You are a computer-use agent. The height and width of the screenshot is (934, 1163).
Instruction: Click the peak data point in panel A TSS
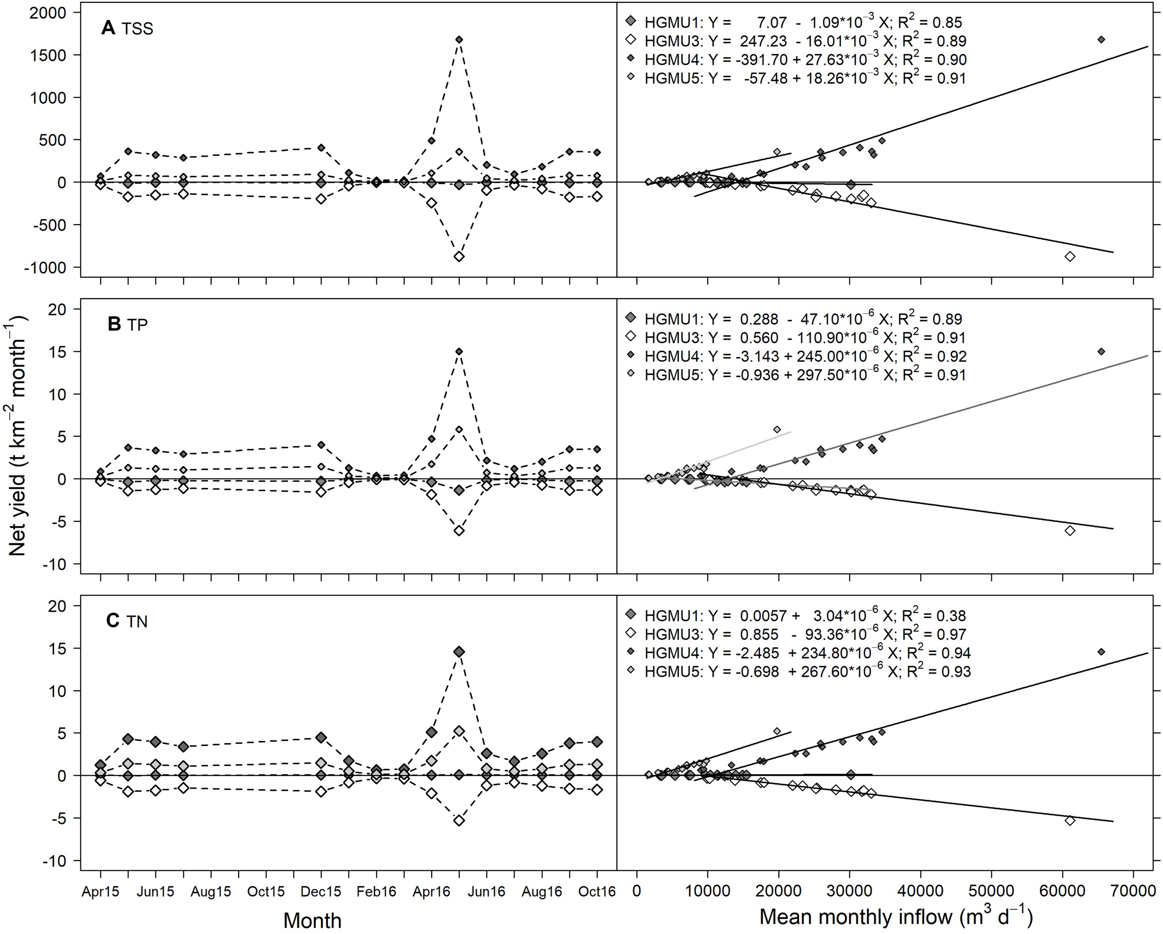click(459, 40)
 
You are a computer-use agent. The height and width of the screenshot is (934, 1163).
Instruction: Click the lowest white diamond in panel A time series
click(459, 257)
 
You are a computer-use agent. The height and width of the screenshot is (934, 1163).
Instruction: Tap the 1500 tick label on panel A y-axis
click(47, 55)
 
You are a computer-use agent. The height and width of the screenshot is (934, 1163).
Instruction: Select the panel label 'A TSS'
click(127, 28)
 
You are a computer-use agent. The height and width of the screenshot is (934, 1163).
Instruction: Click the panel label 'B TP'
click(128, 324)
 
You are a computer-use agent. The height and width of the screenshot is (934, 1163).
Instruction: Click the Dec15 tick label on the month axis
click(321, 891)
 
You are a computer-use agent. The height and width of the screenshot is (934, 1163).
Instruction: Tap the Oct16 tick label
click(596, 891)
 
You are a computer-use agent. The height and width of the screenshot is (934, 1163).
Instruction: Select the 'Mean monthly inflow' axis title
click(896, 917)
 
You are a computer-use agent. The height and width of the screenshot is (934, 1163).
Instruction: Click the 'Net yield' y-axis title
click(17, 436)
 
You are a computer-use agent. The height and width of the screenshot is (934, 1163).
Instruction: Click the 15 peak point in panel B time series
click(459, 352)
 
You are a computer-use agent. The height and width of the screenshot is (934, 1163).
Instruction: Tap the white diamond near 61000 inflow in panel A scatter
click(1069, 257)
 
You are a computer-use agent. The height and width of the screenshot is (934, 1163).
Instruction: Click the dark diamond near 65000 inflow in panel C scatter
click(1102, 652)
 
